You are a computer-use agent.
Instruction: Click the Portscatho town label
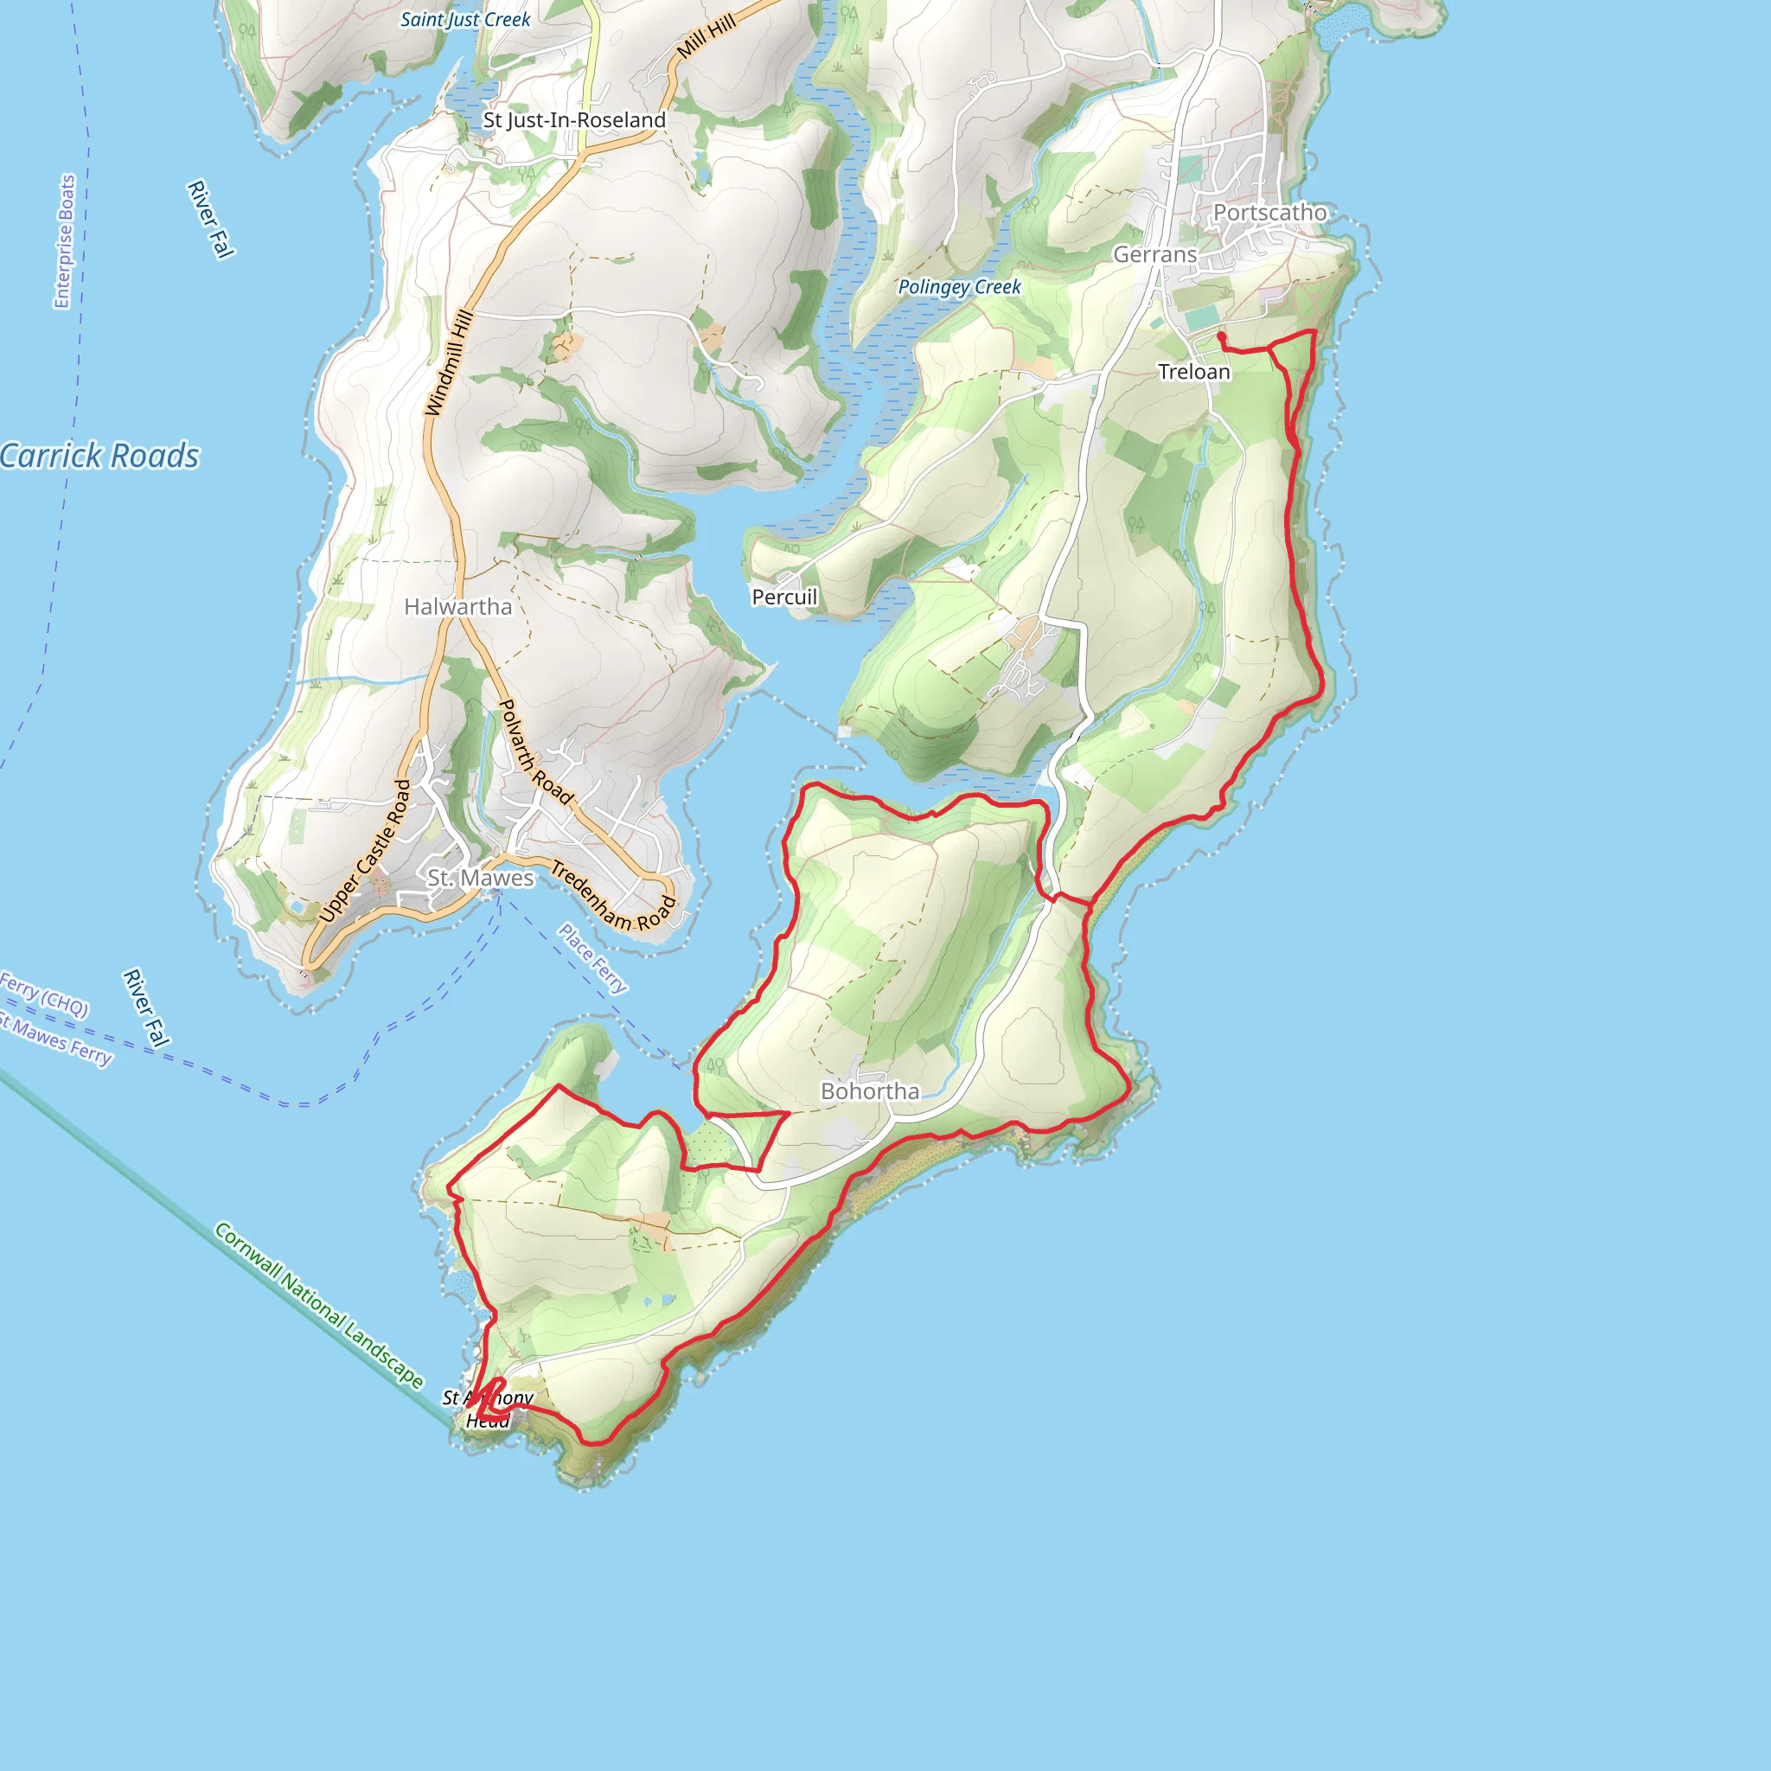tap(1269, 213)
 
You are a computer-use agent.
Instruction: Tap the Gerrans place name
tap(1155, 255)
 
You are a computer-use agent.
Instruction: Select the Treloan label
tap(1193, 371)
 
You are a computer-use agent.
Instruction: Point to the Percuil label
tap(783, 597)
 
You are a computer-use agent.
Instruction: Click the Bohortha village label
tap(870, 1090)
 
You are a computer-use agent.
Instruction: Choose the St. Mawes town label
tap(480, 877)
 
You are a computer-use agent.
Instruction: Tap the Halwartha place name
tap(457, 607)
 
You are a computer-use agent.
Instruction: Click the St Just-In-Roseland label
tap(574, 120)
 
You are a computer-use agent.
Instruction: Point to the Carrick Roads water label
tap(99, 456)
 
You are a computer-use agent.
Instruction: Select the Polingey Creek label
tap(959, 287)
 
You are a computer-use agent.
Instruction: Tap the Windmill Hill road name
tap(449, 363)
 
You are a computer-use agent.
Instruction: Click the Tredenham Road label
tap(611, 896)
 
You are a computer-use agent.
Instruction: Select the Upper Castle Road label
tap(365, 850)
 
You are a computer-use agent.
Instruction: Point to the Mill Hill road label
tap(706, 37)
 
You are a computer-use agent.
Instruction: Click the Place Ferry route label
tap(593, 958)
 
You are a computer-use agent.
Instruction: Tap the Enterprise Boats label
tap(65, 242)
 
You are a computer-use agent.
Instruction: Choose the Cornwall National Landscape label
tap(319, 1304)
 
